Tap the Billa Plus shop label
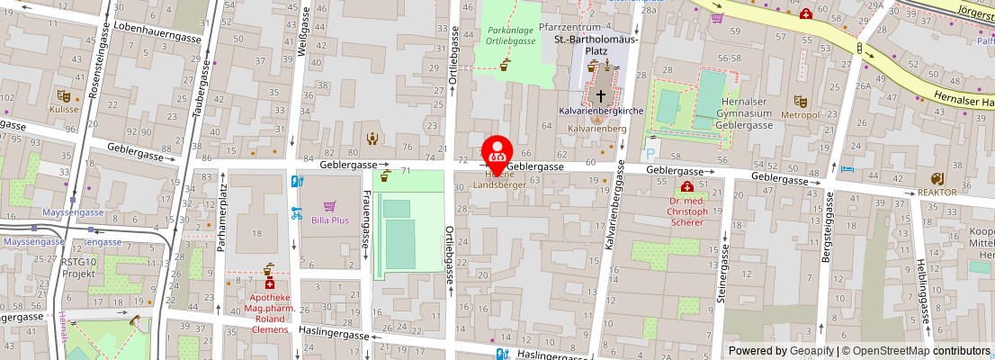329,220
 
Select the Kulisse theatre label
64,109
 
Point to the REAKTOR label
937,192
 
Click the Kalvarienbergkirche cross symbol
601,94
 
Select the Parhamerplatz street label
220,219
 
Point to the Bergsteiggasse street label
829,235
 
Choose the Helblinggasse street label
922,292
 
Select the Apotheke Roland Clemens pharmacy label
268,313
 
